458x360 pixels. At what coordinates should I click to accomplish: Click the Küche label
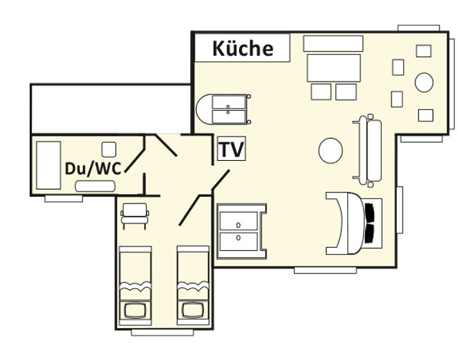point(243,49)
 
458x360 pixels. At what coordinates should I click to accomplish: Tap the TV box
point(231,148)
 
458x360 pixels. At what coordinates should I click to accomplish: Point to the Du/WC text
point(93,169)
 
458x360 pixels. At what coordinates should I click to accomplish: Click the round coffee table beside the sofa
point(331,150)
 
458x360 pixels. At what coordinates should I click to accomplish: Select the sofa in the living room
point(368,150)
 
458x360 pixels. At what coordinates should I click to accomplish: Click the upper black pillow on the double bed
point(369,213)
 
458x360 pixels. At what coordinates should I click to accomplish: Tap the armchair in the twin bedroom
point(134,216)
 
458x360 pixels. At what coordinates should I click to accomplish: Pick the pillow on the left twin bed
point(135,310)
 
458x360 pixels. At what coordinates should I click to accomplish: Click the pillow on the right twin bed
point(193,310)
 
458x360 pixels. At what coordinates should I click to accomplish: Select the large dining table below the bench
point(334,68)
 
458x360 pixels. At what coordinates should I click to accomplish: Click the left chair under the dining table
point(321,92)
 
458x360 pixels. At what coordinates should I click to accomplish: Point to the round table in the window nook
point(424,82)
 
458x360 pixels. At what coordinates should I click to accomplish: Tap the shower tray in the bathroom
point(49,166)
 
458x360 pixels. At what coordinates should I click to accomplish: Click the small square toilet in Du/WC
point(109,149)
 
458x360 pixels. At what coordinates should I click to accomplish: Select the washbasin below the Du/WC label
point(95,186)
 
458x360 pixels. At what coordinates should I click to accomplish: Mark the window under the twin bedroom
point(163,333)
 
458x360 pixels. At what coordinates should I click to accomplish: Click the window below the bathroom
point(63,198)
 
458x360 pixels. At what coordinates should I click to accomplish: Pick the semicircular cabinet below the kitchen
point(224,109)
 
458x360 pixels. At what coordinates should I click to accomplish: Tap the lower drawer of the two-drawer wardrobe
point(239,242)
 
